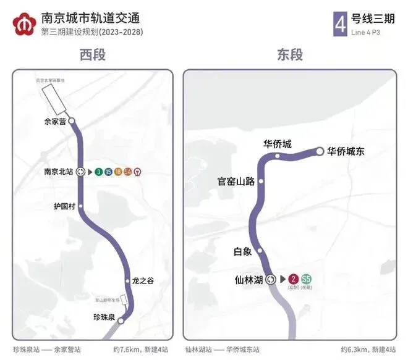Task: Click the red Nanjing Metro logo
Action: click(x=24, y=23)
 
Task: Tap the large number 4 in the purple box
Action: click(x=339, y=23)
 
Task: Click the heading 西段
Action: click(x=92, y=55)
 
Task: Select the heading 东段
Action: click(x=289, y=55)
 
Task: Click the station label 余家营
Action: click(x=54, y=121)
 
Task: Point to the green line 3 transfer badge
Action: click(x=99, y=172)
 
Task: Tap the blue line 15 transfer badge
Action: click(x=108, y=172)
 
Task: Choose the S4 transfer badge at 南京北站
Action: click(x=127, y=172)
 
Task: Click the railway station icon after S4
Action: click(x=137, y=172)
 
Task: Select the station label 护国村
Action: click(x=63, y=206)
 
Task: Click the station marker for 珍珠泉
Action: click(x=121, y=321)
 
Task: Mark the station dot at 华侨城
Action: click(x=278, y=156)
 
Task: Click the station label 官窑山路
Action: click(x=236, y=182)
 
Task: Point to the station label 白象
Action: click(x=242, y=251)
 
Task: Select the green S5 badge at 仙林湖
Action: click(x=305, y=279)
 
